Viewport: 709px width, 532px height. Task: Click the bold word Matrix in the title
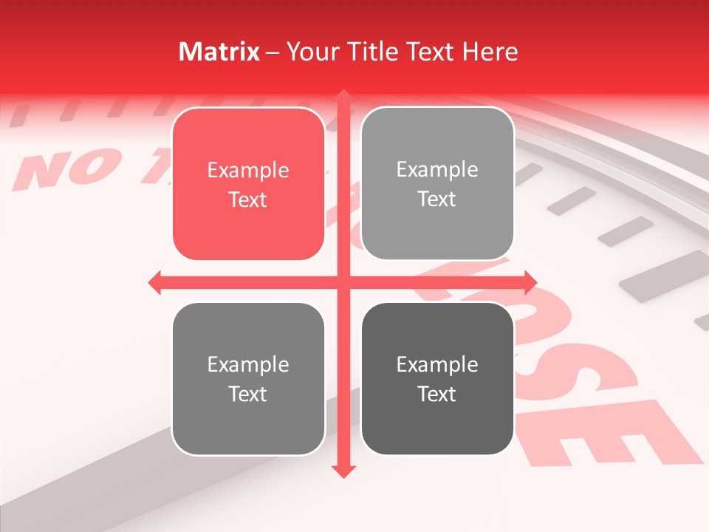coord(219,52)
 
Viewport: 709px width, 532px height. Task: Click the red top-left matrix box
coord(248,184)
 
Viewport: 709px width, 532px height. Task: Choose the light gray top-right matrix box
coord(437,183)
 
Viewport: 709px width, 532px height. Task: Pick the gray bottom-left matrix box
coord(248,379)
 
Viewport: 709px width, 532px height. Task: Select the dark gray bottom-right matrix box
coord(437,378)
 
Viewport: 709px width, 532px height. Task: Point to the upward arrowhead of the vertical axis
coord(343,97)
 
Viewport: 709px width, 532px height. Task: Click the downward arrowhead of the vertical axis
coord(343,471)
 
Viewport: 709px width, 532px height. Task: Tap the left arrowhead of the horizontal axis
coord(155,282)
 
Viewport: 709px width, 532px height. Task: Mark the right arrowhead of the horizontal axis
coord(530,282)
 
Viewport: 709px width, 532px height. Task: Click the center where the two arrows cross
coord(343,282)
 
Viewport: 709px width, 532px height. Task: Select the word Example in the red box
coord(248,171)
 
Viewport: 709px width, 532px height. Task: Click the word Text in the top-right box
coord(437,199)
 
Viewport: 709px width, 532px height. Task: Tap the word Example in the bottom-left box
coord(248,365)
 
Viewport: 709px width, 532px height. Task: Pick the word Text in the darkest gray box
coord(437,394)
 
